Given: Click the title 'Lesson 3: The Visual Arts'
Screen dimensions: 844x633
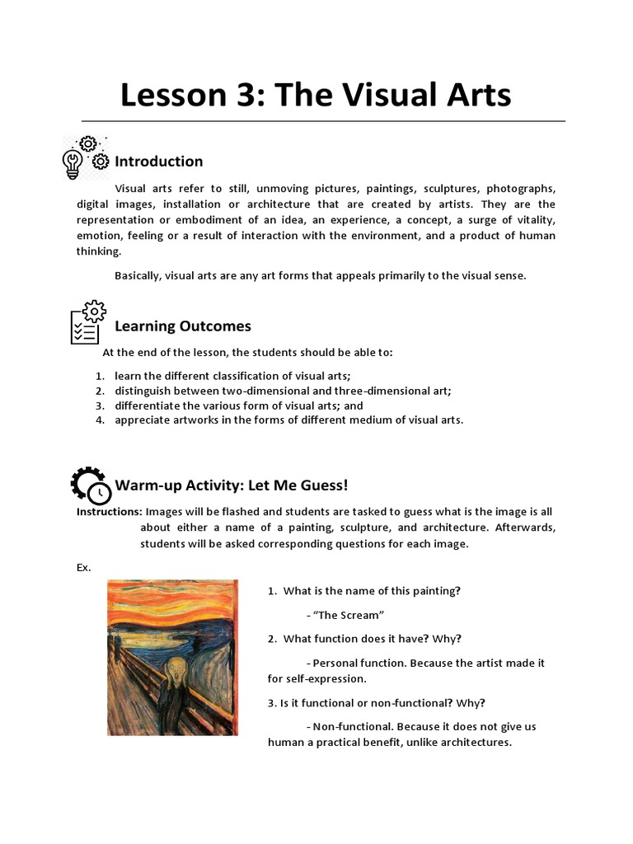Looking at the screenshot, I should coord(316,96).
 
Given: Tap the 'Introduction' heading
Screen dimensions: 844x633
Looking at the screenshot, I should coord(158,161).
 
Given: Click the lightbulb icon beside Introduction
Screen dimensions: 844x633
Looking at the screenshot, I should coord(73,163).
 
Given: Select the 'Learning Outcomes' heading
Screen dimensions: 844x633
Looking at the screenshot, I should coord(182,326).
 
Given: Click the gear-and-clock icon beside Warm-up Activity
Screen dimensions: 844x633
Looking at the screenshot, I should coord(89,485).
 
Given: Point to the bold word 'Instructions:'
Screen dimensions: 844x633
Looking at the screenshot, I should coord(109,512).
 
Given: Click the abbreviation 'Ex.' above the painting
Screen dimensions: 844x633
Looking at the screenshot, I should coord(84,568).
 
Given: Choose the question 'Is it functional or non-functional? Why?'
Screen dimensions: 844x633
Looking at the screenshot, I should coord(377,703).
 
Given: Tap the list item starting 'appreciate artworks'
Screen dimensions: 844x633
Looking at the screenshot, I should coord(288,420).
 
